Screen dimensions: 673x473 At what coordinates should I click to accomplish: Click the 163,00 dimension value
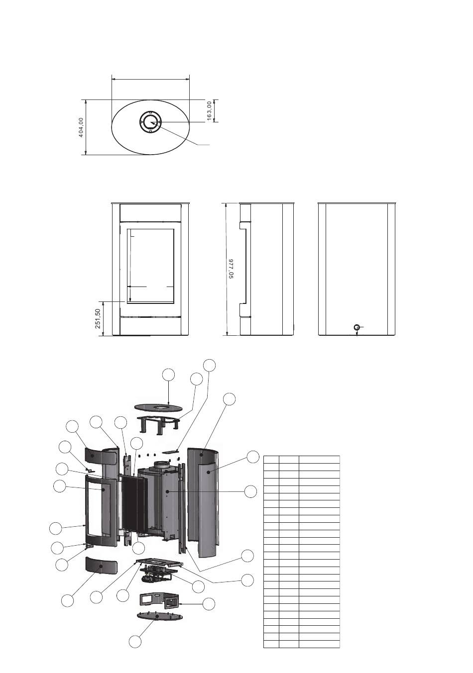[x=210, y=110]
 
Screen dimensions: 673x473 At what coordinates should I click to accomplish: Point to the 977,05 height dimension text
[x=231, y=269]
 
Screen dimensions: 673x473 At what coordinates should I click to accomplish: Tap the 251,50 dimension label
[x=98, y=319]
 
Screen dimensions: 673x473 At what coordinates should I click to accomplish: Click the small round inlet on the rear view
[x=356, y=327]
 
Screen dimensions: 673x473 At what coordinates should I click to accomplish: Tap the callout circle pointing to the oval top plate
[x=169, y=375]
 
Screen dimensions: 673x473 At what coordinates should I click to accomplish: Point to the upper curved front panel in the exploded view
[x=95, y=455]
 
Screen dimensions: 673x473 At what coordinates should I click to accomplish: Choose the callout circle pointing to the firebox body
[x=251, y=491]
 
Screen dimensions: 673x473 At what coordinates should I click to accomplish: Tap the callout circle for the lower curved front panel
[x=68, y=600]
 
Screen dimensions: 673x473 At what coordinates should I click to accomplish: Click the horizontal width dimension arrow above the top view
[x=150, y=78]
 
